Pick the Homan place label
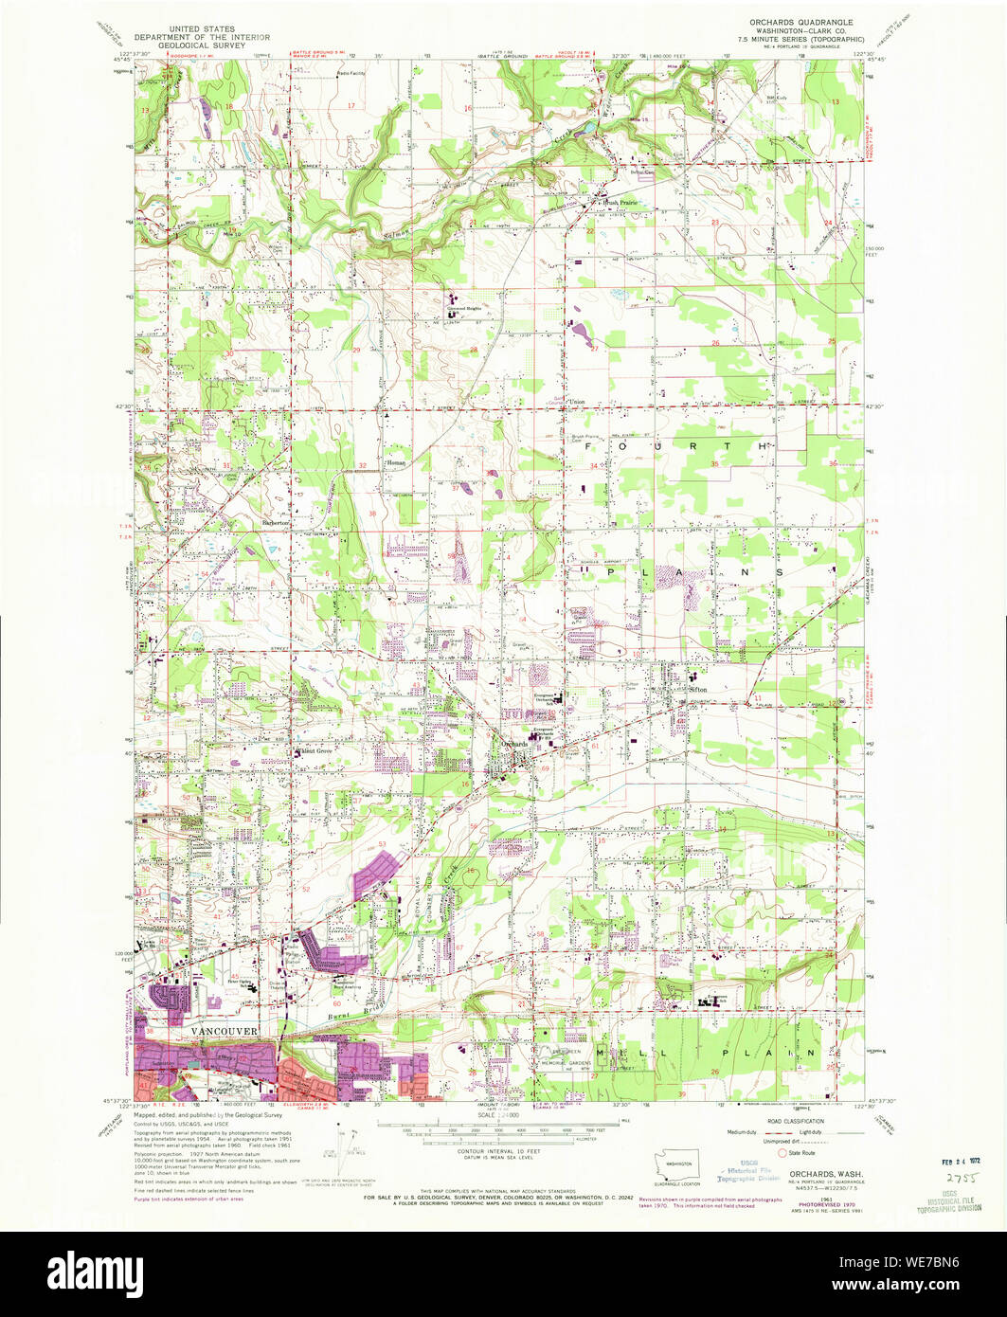tap(397, 462)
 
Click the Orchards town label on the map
tap(512, 744)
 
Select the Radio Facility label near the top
tap(352, 73)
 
